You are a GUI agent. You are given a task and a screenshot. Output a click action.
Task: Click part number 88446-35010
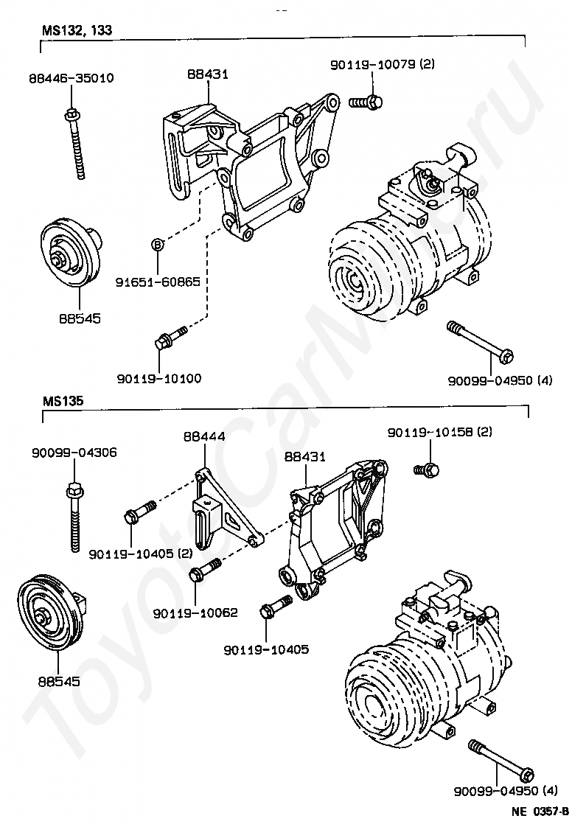pyautogui.click(x=71, y=77)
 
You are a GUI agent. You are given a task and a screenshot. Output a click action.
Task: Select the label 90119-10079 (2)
pyautogui.click(x=382, y=64)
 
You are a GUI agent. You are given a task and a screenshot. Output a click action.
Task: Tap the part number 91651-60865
pyautogui.click(x=158, y=281)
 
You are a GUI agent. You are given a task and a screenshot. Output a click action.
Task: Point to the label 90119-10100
pyautogui.click(x=158, y=378)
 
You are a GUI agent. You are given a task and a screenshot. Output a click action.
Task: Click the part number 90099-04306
pyautogui.click(x=74, y=452)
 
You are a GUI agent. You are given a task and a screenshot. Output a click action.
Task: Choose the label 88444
pyautogui.click(x=203, y=436)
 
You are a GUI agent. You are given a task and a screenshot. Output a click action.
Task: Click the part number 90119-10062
pyautogui.click(x=195, y=613)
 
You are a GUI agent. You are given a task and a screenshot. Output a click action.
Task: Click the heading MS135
pyautogui.click(x=63, y=402)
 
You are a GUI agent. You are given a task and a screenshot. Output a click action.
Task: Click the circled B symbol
pyautogui.click(x=157, y=245)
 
